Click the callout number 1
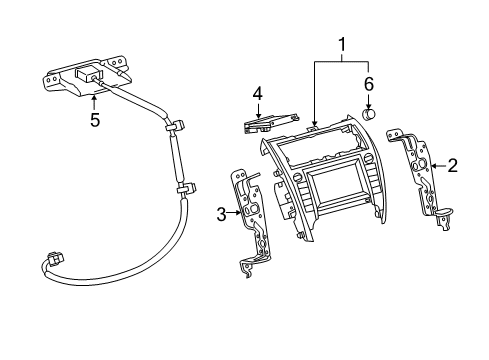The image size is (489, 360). (343, 46)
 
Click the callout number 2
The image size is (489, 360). (452, 166)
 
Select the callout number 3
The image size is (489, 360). (220, 213)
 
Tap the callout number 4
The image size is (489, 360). (257, 95)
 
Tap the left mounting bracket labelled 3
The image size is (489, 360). (250, 220)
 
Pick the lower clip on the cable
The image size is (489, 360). (184, 189)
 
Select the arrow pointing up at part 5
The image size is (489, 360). (95, 101)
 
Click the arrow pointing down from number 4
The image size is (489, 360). (257, 110)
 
